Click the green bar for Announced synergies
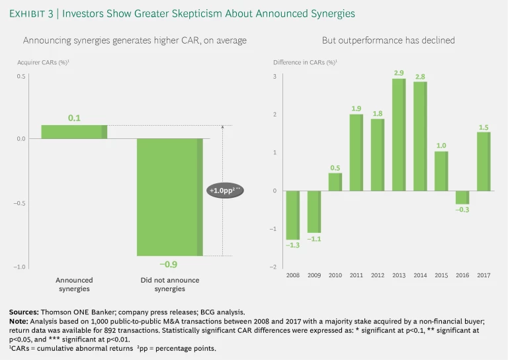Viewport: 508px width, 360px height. [74, 132]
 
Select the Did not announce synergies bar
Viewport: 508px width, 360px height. [169, 197]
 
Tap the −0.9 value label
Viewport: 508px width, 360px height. [169, 264]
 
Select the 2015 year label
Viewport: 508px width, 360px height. [440, 274]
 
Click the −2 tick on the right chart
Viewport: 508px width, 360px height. [275, 267]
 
